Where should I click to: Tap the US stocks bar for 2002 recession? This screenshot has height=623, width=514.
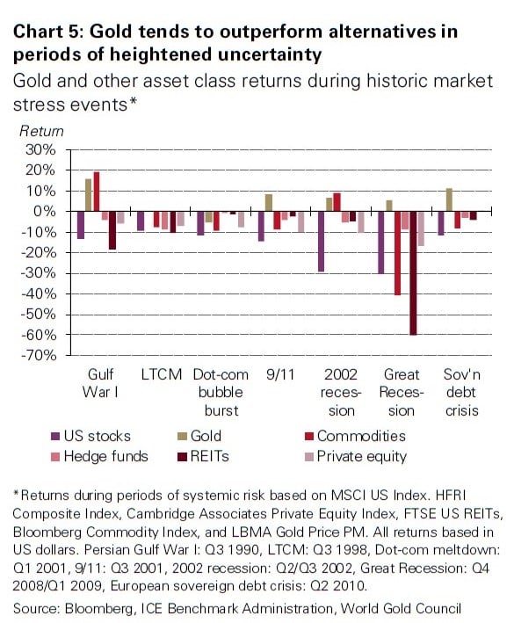(322, 241)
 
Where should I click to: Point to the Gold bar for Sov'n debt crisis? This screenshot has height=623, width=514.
(449, 199)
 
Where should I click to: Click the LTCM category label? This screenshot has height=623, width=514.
(162, 374)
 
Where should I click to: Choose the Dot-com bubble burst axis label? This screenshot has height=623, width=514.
(219, 392)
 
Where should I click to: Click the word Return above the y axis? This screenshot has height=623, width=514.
(41, 131)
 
